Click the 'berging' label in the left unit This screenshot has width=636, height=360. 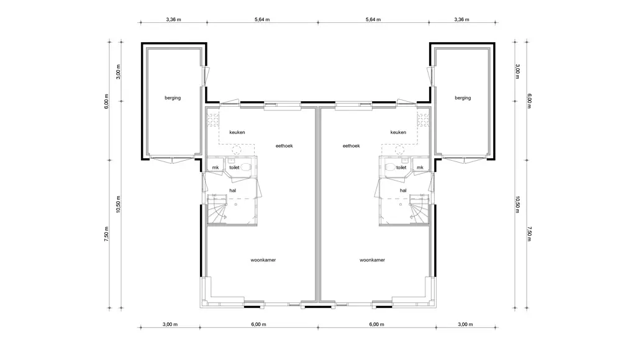pyautogui.click(x=173, y=97)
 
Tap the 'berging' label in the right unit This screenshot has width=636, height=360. pyautogui.click(x=463, y=97)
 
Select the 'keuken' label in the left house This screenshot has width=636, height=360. pyautogui.click(x=237, y=132)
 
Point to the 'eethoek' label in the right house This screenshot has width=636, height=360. pyautogui.click(x=352, y=145)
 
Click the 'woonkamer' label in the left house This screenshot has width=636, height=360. pyautogui.click(x=263, y=260)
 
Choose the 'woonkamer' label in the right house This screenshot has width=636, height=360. pyautogui.click(x=372, y=260)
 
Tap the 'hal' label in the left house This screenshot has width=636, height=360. pyautogui.click(x=232, y=190)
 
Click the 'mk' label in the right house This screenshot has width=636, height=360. pyautogui.click(x=420, y=168)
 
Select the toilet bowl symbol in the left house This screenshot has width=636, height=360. pyautogui.click(x=245, y=166)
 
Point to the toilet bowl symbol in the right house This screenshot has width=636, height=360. pyautogui.click(x=390, y=166)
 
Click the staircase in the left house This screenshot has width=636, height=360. pyautogui.click(x=217, y=209)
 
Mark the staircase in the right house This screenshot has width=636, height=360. pyautogui.click(x=419, y=209)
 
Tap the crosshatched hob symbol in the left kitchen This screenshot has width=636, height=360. pyautogui.click(x=214, y=120)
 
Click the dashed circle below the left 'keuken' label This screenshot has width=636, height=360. pyautogui.click(x=237, y=150)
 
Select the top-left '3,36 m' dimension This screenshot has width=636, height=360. pyautogui.click(x=174, y=19)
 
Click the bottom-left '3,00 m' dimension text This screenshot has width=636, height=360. pyautogui.click(x=170, y=325)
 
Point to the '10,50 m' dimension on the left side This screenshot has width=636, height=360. pyautogui.click(x=118, y=204)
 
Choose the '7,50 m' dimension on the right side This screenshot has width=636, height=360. pyautogui.click(x=529, y=234)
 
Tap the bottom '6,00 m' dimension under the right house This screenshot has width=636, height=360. pyautogui.click(x=377, y=325)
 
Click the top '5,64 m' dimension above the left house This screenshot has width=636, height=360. pyautogui.click(x=262, y=19)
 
